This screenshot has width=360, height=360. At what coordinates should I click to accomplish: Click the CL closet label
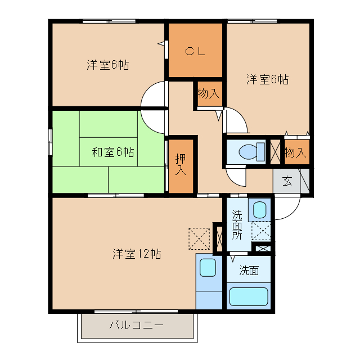[196, 51]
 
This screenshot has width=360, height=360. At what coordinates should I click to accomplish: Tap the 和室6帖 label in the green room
[113, 151]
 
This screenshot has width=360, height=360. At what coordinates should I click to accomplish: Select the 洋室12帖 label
[136, 253]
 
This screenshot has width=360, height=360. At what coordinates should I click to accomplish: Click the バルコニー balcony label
[136, 325]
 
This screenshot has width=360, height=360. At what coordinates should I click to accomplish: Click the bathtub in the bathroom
[249, 295]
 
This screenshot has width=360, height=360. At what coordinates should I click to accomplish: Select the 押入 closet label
[180, 164]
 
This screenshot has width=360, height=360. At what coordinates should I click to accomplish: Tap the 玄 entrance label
[287, 181]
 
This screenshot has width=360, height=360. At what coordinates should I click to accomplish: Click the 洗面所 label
[238, 224]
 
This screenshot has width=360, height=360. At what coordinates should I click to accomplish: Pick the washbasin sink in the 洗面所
[259, 210]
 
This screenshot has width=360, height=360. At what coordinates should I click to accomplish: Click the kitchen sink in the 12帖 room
[208, 267]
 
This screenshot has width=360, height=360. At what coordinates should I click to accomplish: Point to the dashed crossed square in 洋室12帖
[199, 238]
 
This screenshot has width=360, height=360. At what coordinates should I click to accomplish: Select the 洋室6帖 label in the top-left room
[108, 65]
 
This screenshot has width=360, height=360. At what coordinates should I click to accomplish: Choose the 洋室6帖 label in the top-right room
[267, 79]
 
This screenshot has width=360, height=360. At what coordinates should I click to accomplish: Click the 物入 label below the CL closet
[209, 93]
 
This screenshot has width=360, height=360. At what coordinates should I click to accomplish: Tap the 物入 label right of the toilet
[295, 152]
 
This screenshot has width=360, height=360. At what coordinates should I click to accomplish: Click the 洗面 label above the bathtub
[249, 271]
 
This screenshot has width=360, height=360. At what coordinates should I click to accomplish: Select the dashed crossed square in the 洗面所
[261, 231]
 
